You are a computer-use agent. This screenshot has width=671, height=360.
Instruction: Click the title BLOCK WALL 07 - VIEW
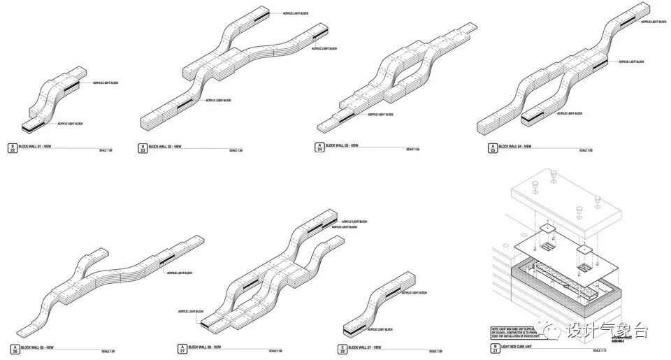(366, 347)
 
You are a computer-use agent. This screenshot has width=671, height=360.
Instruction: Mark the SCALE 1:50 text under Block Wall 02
(236, 150)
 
